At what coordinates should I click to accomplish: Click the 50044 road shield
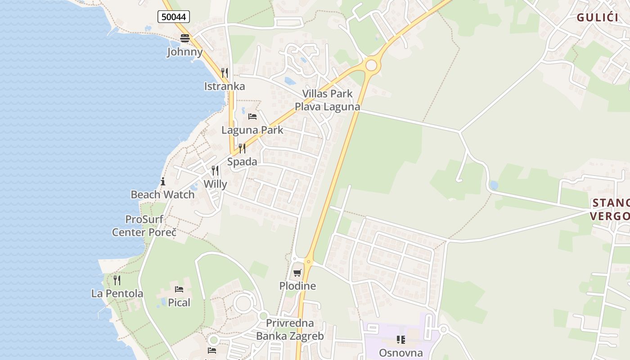click(x=174, y=17)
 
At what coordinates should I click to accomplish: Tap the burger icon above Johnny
click(x=185, y=38)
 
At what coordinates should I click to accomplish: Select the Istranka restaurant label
click(x=225, y=86)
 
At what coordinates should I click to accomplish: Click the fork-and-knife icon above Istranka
click(x=224, y=72)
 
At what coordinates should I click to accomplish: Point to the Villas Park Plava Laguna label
click(x=327, y=100)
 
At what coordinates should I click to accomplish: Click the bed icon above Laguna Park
click(x=252, y=117)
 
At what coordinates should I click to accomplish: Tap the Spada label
click(x=242, y=162)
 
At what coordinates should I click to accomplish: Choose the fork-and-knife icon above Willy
click(x=215, y=171)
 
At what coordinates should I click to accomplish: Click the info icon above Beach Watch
click(x=163, y=182)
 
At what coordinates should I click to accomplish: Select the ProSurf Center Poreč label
click(x=144, y=226)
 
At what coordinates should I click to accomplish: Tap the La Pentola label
click(x=117, y=294)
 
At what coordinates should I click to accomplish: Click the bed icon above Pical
click(x=179, y=289)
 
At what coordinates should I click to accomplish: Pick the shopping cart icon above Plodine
click(x=297, y=273)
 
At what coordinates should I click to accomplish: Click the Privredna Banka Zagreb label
click(x=290, y=329)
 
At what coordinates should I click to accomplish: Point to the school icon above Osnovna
click(x=400, y=339)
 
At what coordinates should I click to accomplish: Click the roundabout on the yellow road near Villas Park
click(x=371, y=66)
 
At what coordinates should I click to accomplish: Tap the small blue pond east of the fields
click(x=494, y=185)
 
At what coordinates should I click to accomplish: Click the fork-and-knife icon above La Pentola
click(x=117, y=280)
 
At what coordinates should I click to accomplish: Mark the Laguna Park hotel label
click(x=252, y=130)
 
